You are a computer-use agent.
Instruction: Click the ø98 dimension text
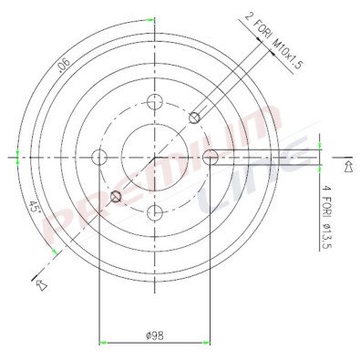pos(155,335)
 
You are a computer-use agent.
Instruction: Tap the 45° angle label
pos(34,208)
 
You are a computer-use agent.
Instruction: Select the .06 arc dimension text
pos(64,66)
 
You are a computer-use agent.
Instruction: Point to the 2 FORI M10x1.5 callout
pos(273,41)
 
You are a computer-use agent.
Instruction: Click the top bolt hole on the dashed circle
pos(155,102)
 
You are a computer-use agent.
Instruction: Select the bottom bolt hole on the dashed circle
pos(155,212)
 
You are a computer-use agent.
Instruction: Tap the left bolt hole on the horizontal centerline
pos(99,158)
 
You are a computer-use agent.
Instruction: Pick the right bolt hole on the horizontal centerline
pos(211,158)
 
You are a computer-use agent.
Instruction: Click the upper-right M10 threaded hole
pos(194,118)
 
